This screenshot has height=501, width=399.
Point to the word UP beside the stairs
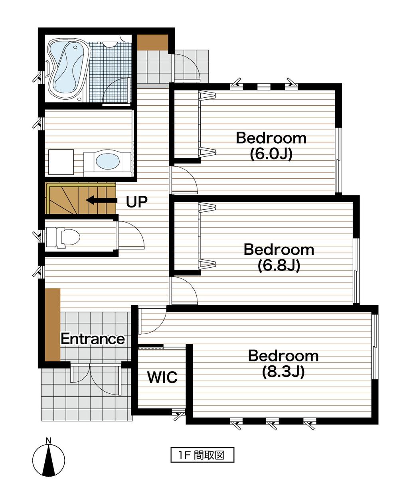coord(136,202)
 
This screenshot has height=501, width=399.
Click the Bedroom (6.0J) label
coord(271,146)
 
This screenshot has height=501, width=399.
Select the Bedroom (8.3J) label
coord(283,363)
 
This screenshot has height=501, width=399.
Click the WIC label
coord(162,377)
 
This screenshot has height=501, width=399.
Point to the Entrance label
coord(93,339)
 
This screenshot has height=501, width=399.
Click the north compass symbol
coord(49,459)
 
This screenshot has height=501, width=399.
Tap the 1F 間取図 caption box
coord(202,455)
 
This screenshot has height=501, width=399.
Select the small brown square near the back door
coord(152,43)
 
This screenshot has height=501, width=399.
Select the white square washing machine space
coord(61,162)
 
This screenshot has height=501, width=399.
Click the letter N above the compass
coord(48,441)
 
